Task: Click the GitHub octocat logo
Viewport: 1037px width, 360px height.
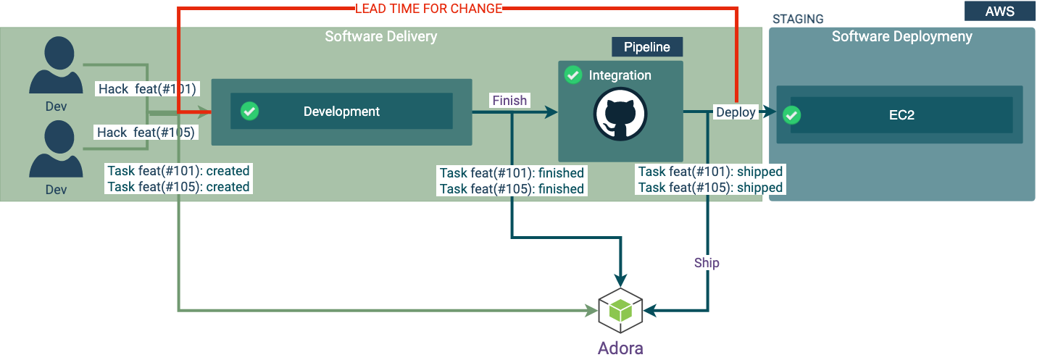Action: [620, 113]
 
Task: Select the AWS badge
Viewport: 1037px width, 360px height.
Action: [999, 11]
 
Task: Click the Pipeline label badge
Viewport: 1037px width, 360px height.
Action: [647, 47]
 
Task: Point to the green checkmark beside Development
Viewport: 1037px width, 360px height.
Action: [249, 111]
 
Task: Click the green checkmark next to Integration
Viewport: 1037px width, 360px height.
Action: [572, 75]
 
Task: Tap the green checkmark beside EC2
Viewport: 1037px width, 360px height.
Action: [792, 114]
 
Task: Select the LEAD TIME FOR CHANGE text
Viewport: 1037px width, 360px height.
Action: [428, 9]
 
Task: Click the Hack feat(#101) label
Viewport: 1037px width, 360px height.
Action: [148, 89]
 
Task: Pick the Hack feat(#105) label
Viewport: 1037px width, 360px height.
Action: [147, 133]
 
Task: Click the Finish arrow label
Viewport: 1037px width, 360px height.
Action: [509, 101]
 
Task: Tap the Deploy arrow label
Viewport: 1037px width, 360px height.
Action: [736, 112]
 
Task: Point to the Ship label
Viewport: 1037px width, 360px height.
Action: [707, 262]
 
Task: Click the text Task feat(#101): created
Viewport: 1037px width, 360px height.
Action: [178, 171]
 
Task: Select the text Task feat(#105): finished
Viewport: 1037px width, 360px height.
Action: [512, 189]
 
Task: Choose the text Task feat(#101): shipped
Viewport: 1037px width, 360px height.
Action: [710, 172]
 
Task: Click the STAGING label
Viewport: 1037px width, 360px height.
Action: [798, 19]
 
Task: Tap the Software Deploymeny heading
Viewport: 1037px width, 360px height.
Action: [901, 36]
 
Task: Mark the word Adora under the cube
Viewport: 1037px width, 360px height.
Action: [620, 348]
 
